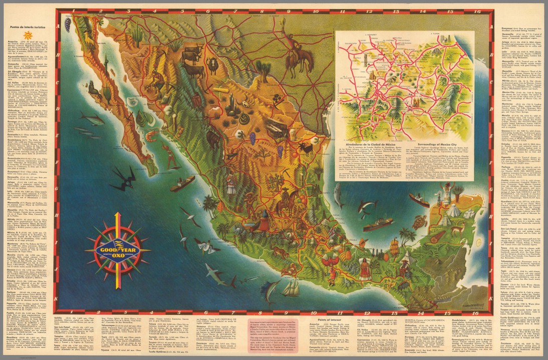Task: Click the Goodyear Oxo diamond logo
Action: [x=118, y=250]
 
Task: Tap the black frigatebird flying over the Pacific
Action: [x=123, y=179]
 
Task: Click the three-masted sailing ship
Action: [x=291, y=288]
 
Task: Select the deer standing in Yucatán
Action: [x=456, y=230]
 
